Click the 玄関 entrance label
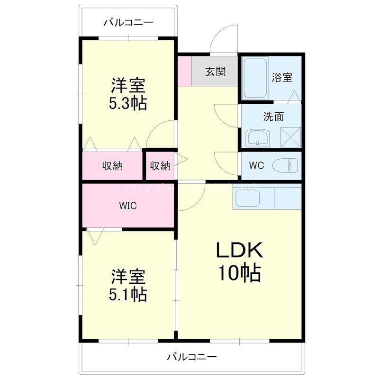click(215, 72)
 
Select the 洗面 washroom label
click(273, 116)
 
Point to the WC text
click(256, 166)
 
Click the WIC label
click(128, 206)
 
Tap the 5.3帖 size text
click(128, 103)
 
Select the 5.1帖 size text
click(128, 294)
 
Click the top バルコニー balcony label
click(128, 22)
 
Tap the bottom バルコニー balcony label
click(192, 356)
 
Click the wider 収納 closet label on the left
click(113, 166)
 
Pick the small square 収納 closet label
click(160, 166)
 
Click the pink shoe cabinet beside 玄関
click(185, 71)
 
